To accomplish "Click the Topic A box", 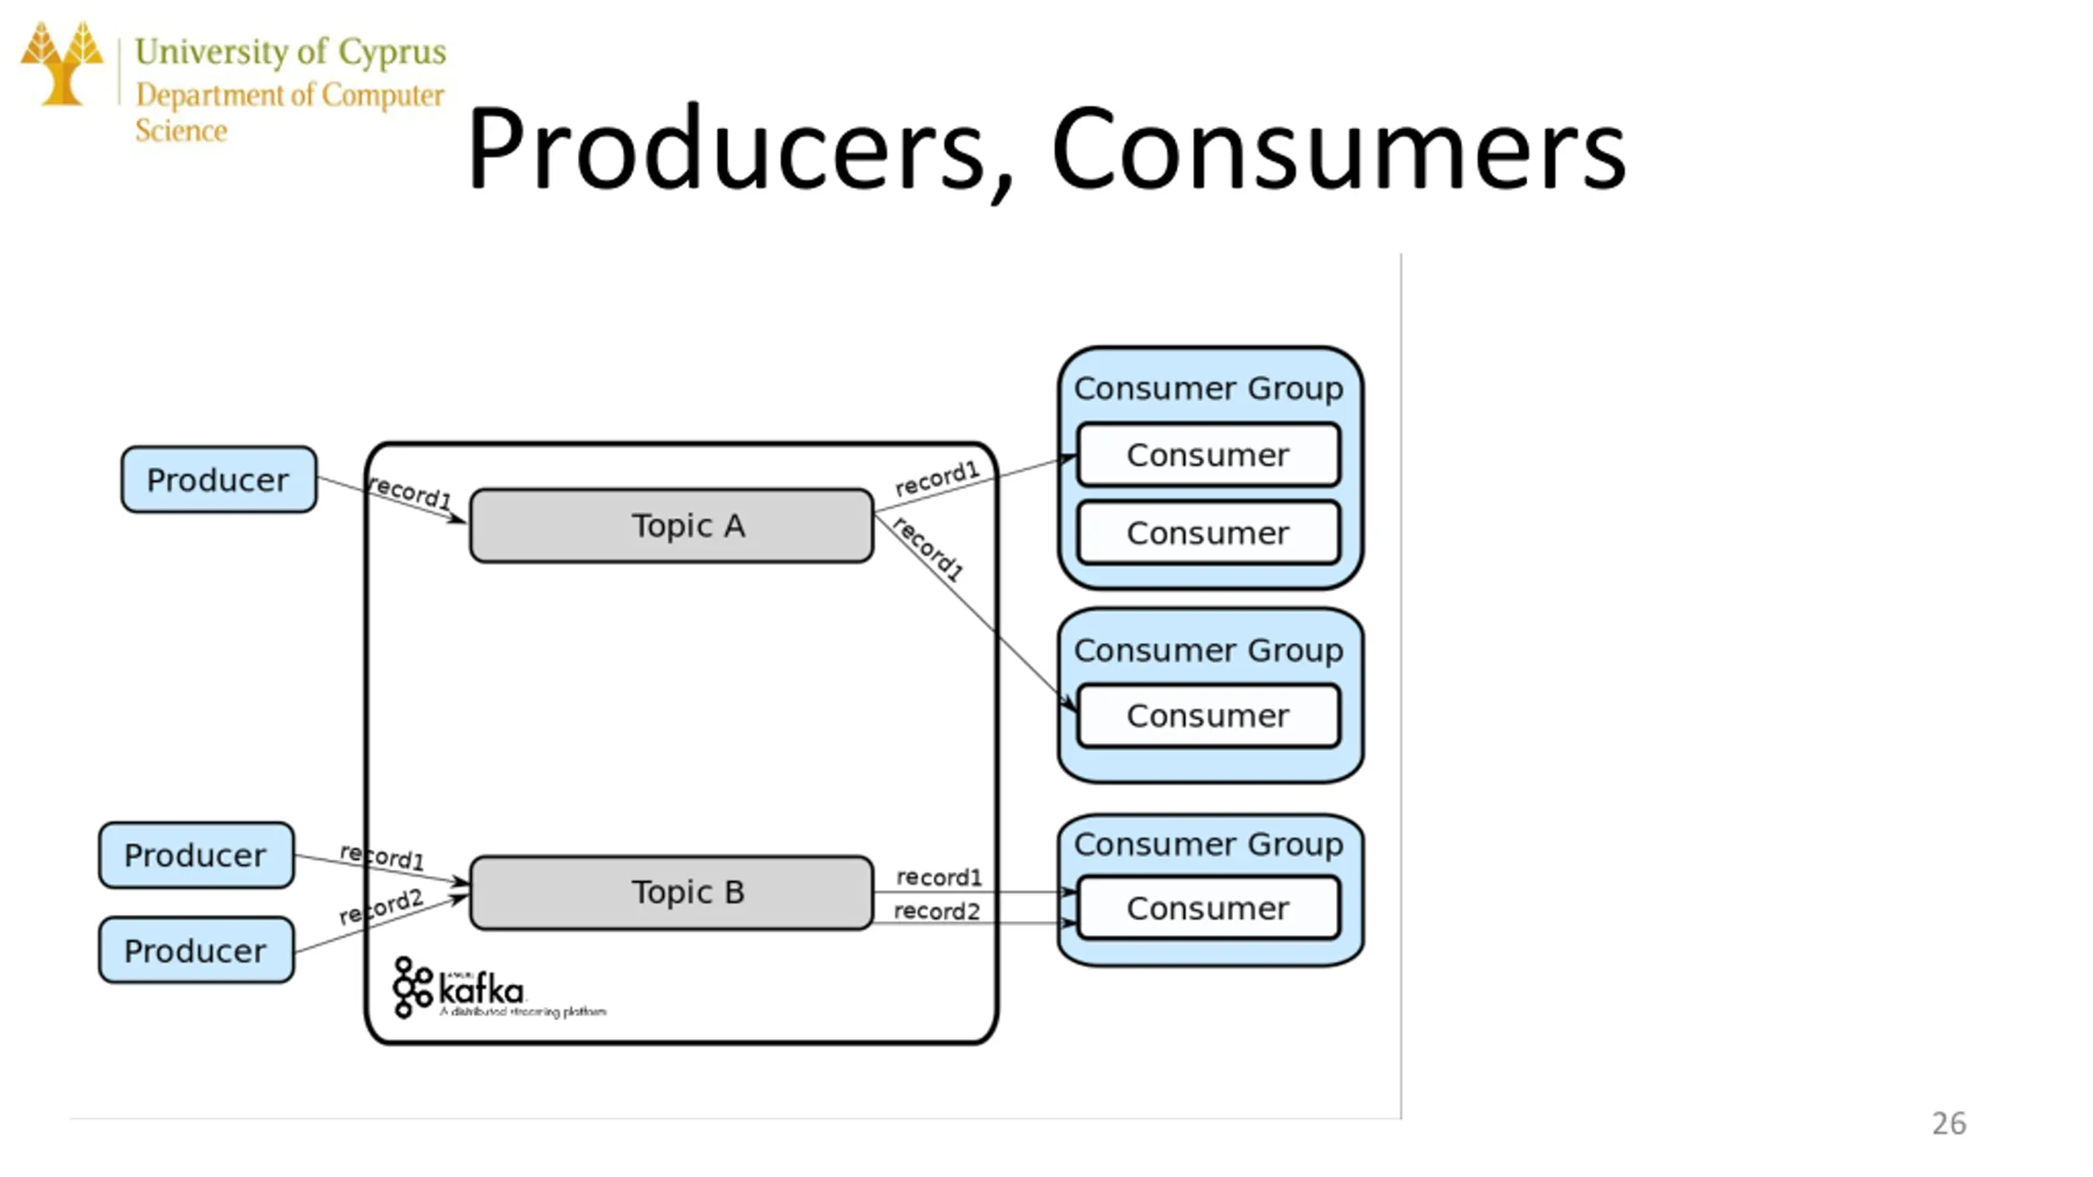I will point(671,526).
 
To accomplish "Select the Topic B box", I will point(671,893).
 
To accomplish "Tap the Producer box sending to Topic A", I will point(218,480).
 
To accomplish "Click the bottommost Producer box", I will point(195,951).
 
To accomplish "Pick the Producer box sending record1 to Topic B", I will point(195,856).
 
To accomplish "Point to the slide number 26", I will point(1948,1124).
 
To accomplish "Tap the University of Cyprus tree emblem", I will point(62,64).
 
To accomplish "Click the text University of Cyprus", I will point(290,51).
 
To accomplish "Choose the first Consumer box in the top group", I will point(1208,455).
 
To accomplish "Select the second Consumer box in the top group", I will point(1208,533).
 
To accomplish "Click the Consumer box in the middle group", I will point(1208,716).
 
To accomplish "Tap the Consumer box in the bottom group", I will point(1208,908).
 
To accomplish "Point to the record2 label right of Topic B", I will point(936,911).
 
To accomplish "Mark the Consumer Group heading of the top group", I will point(1208,389).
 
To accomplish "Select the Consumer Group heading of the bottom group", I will point(1208,844).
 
